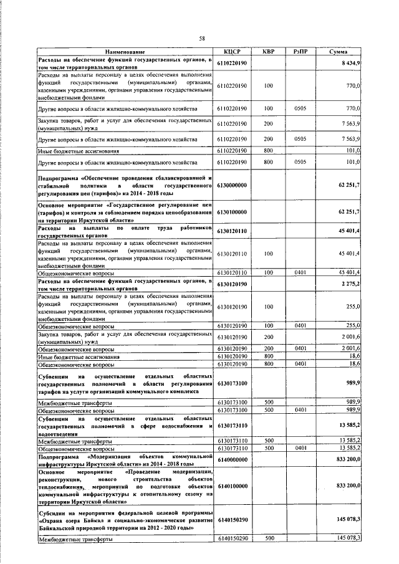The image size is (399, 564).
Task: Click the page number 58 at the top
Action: tap(201, 39)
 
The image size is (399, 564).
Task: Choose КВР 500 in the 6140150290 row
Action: tap(269, 537)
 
